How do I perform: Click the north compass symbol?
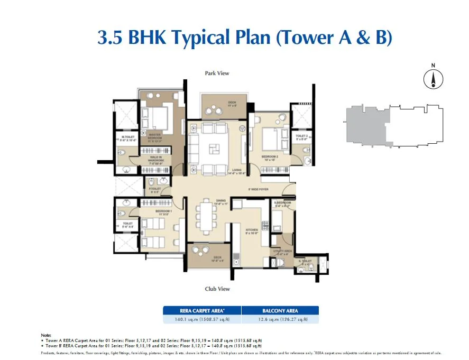(433, 79)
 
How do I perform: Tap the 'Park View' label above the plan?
(217, 73)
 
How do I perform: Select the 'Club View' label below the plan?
(217, 289)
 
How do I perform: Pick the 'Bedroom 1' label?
(162, 212)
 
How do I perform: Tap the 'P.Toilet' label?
(154, 190)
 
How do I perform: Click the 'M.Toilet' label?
(128, 138)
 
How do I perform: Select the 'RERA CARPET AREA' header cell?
(202, 311)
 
